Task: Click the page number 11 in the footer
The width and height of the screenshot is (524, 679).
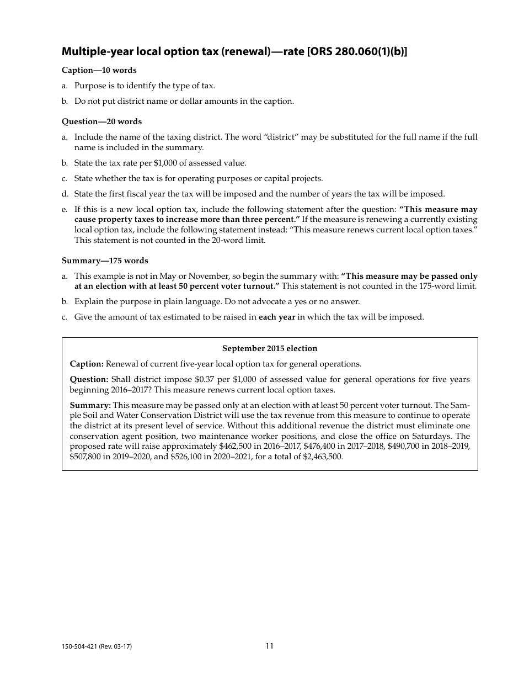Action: (x=269, y=646)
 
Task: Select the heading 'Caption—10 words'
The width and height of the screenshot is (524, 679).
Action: (x=99, y=70)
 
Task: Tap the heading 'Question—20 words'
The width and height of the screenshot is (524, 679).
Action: (x=101, y=121)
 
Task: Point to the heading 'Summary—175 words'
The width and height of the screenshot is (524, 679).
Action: (x=105, y=261)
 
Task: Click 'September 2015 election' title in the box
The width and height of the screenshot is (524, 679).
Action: (x=270, y=348)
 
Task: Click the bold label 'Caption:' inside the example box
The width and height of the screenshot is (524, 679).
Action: (x=87, y=364)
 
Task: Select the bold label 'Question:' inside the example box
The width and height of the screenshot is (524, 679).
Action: (x=89, y=379)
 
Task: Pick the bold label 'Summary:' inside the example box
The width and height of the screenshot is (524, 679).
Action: (x=90, y=405)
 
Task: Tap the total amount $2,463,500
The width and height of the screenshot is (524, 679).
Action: (x=323, y=457)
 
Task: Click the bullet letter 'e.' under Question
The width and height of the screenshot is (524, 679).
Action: (x=65, y=209)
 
